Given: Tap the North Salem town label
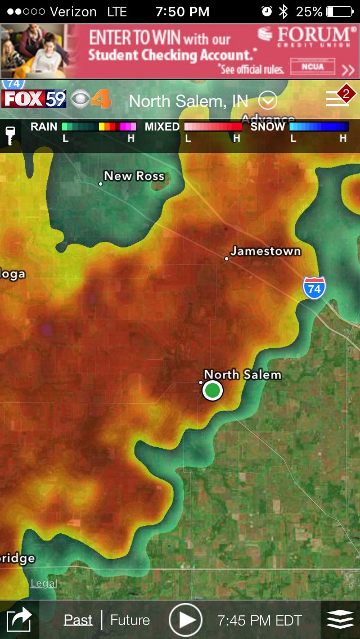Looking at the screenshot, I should [x=242, y=375].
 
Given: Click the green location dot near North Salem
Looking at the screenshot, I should [x=212, y=390].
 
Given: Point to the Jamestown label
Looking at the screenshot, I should [x=265, y=251].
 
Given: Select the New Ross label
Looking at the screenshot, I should [x=134, y=176].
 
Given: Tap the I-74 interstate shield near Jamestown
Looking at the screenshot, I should [x=314, y=287].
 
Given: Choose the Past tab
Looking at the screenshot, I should [x=78, y=620].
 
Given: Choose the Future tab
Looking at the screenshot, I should [x=130, y=620].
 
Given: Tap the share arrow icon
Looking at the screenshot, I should [x=19, y=620].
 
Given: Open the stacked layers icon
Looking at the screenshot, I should [x=340, y=620].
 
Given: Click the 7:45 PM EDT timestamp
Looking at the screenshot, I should [x=259, y=620].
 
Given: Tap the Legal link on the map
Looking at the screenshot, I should [x=44, y=583].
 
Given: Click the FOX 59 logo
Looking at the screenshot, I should [x=34, y=100].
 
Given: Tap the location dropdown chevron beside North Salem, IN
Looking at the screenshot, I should [x=268, y=101].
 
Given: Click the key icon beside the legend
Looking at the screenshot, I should [x=10, y=135].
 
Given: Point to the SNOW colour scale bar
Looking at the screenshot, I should [x=318, y=127].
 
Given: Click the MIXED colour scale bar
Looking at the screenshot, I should [x=213, y=127].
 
